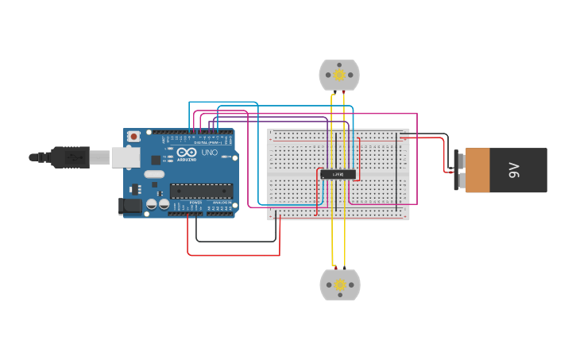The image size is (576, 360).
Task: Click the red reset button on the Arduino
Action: coord(133,137)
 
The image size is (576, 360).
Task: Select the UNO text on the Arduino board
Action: coord(210,153)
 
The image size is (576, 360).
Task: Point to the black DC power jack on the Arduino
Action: coord(130,206)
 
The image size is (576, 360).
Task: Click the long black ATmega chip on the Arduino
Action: coord(201,191)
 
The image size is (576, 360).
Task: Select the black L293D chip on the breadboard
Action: coord(338,174)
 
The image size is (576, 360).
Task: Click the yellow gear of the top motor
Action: coord(339,75)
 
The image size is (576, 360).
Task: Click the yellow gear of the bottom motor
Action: coord(340,285)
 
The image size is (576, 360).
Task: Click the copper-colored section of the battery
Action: coord(477,170)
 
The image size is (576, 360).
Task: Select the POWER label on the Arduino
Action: coord(195,203)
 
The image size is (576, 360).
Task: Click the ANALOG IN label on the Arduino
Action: coord(222,203)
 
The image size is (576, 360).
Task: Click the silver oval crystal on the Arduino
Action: coord(154,174)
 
